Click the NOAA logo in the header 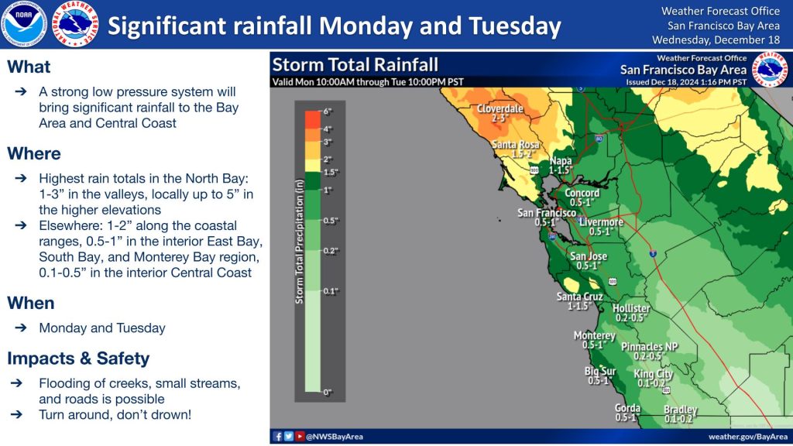point(24,24)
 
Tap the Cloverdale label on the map point(499,108)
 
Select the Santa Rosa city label point(515,145)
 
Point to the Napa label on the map point(561,161)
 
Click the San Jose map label point(589,256)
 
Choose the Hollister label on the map point(631,308)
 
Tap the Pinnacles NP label point(650,347)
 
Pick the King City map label point(653,374)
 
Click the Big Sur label point(600,372)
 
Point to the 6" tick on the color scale point(327,111)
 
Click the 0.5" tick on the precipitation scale point(330,221)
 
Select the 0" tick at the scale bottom point(327,393)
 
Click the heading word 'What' point(29,67)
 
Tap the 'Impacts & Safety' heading point(78,359)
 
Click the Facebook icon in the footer point(278,437)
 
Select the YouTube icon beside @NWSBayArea point(300,437)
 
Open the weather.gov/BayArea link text point(748,437)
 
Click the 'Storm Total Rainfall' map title point(355,65)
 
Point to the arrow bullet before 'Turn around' point(17,415)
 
